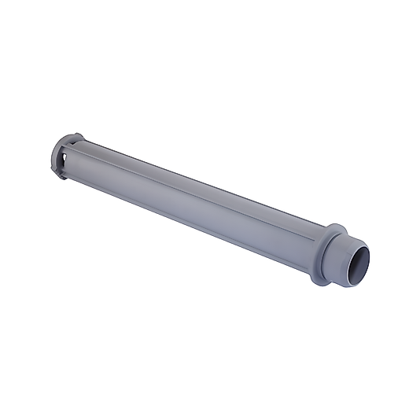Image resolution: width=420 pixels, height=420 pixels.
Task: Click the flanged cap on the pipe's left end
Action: [64, 156]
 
